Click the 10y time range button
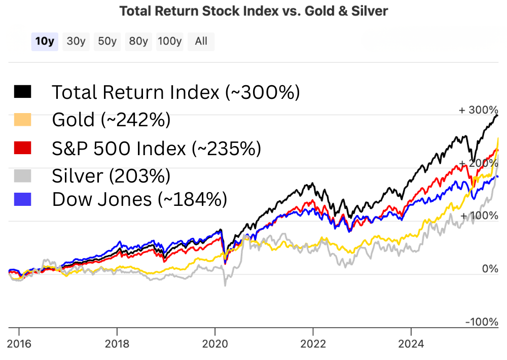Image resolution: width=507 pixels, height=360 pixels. (x=45, y=42)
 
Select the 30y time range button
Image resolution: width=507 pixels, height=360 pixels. (x=76, y=42)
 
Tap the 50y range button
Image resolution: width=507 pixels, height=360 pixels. (x=107, y=42)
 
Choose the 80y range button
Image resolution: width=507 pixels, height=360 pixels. (x=138, y=42)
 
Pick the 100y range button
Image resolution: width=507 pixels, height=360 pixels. (x=169, y=42)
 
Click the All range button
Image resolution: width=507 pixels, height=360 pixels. (x=201, y=42)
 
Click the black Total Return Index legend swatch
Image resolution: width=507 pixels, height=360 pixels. (x=23, y=92)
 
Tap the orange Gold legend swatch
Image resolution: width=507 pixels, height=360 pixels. (x=23, y=120)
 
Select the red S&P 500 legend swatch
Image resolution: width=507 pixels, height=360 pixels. (x=23, y=148)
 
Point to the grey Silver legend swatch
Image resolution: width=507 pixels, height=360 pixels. (x=23, y=175)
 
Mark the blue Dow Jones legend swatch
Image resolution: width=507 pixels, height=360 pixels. (x=23, y=199)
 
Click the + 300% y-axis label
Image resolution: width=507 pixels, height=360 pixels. (x=479, y=110)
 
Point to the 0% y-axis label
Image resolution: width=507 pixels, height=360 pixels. (x=490, y=269)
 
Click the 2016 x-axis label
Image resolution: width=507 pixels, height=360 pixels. (x=19, y=344)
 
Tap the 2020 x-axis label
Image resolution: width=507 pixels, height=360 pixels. (x=215, y=344)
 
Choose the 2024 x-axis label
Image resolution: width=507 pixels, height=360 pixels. (x=411, y=344)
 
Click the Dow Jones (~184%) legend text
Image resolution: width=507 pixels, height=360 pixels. (x=139, y=199)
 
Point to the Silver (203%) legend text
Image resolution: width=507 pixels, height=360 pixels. (x=111, y=175)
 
